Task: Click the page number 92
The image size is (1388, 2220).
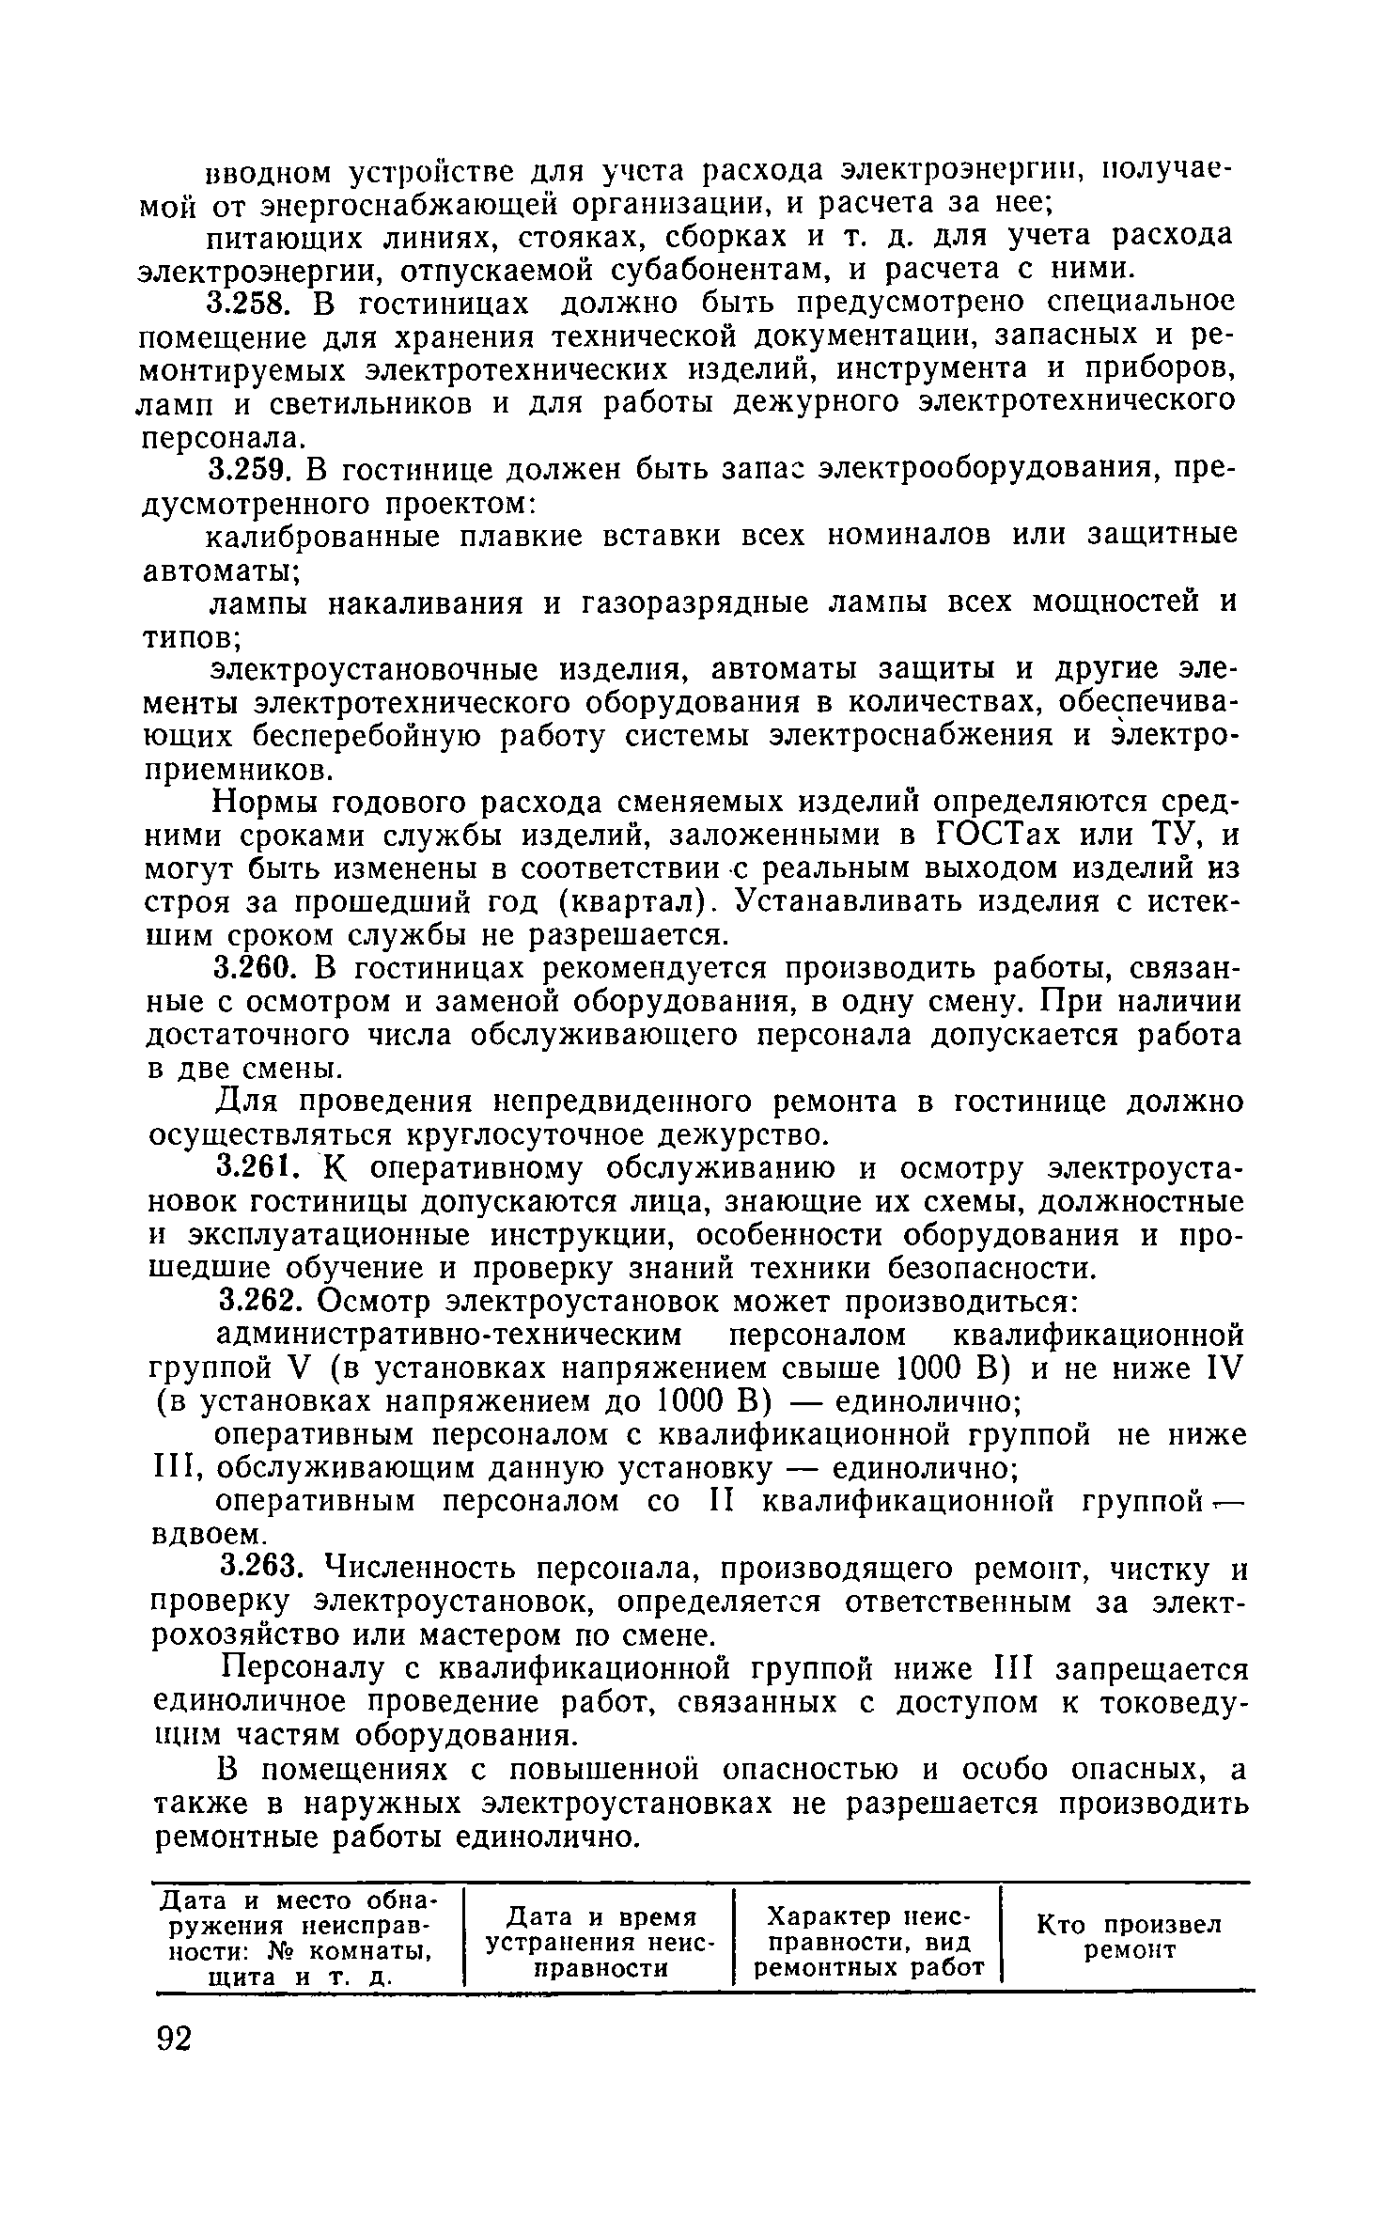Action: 174,2041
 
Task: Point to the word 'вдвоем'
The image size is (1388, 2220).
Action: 209,1535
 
